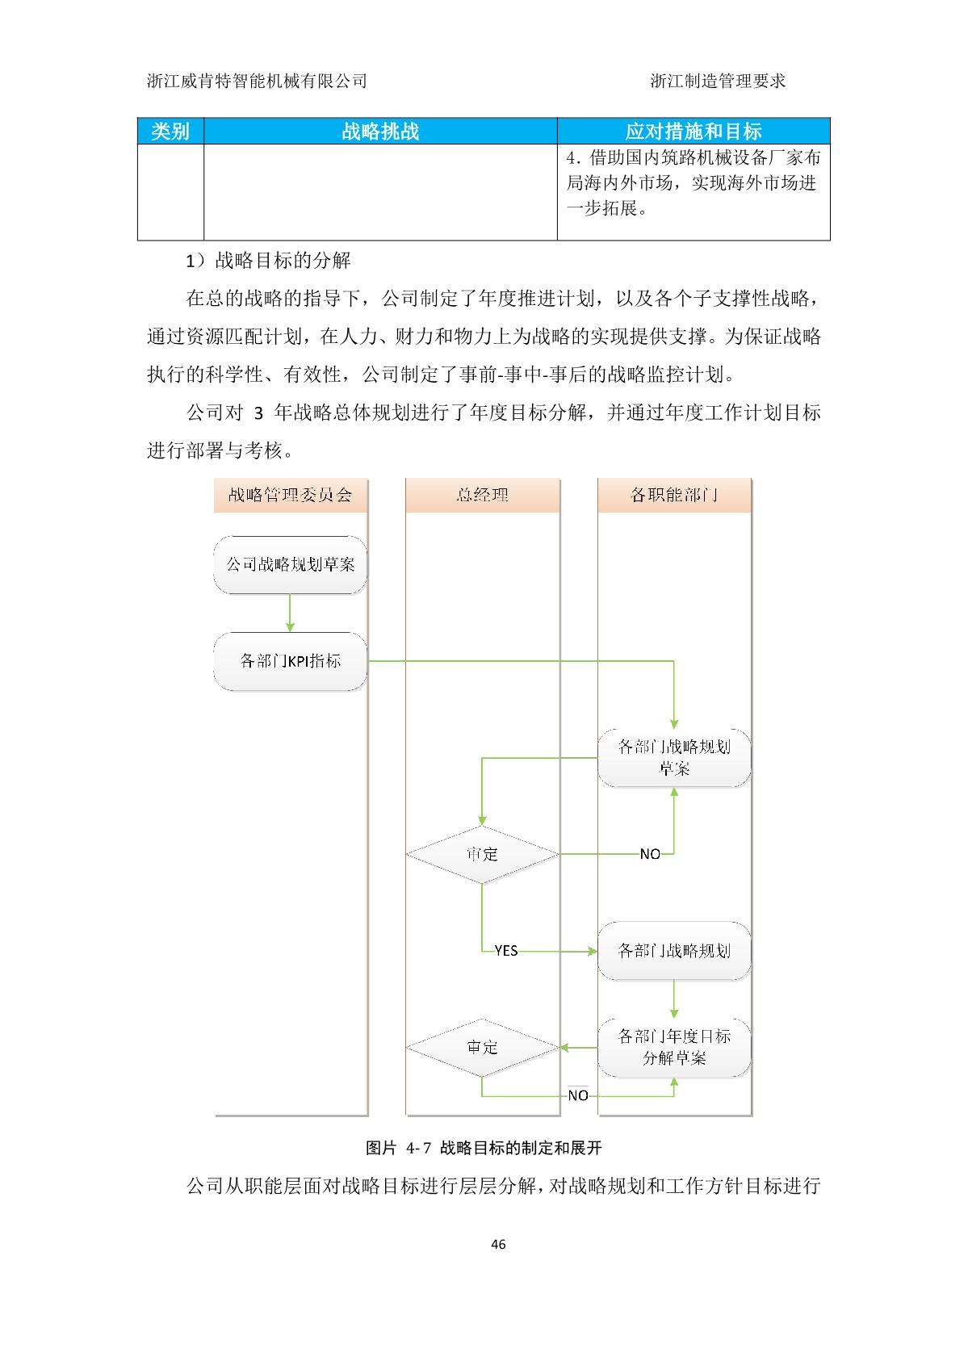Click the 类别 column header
point(170,131)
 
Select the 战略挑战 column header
point(380,131)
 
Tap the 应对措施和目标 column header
point(694,131)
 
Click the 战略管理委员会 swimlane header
point(291,495)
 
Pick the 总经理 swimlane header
point(483,495)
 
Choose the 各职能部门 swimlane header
point(675,495)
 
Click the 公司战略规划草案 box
point(291,565)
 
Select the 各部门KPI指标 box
point(291,661)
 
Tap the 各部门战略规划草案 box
point(674,758)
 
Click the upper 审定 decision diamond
point(482,854)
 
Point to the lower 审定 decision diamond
point(482,1048)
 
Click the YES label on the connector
point(506,951)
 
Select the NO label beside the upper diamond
point(650,854)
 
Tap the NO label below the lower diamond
point(578,1096)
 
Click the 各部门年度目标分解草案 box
point(674,1048)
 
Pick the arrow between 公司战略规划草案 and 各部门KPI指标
point(291,613)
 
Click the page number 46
point(498,1245)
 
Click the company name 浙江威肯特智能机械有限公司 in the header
point(257,81)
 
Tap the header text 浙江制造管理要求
point(718,81)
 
